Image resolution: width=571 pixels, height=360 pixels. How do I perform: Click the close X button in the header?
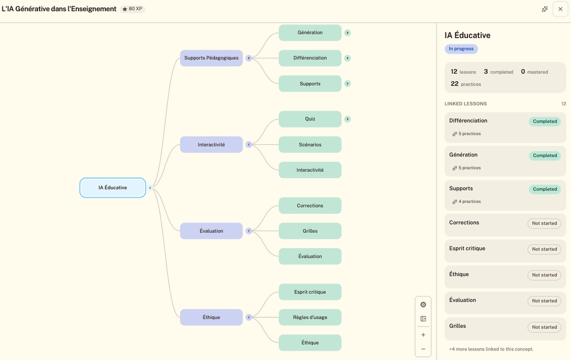pos(560,9)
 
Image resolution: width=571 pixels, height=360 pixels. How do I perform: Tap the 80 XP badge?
pos(133,9)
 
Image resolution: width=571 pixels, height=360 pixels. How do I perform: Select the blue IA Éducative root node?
pos(113,188)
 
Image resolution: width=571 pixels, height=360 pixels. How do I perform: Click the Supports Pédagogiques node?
pos(211,58)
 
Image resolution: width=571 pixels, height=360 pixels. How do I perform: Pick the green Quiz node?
pos(310,119)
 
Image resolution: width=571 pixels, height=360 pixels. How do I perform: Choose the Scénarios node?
pos(310,144)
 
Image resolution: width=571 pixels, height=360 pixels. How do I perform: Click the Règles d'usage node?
pos(310,318)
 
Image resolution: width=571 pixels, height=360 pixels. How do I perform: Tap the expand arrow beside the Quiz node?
pos(347,119)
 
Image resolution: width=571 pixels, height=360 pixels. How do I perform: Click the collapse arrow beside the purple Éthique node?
pos(249,318)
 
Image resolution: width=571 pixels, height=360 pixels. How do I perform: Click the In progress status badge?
pos(461,49)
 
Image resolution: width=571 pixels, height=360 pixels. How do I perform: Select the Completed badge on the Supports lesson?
pos(545,189)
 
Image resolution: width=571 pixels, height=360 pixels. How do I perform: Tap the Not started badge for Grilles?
pos(544,327)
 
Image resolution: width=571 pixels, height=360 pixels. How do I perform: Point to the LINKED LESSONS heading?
pos(466,104)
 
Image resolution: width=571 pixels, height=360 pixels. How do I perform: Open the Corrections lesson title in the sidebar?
pos(464,222)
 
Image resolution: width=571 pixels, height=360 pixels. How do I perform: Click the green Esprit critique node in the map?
pos(310,292)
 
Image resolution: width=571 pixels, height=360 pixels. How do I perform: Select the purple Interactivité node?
pos(211,144)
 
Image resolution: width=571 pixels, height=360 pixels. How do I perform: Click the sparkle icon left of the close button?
pos(545,9)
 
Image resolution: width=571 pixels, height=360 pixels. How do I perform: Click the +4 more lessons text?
pos(491,349)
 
